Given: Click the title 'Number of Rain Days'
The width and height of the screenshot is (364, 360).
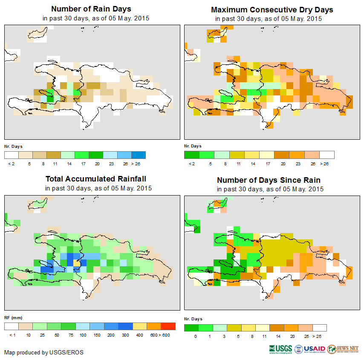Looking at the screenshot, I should (x=91, y=9).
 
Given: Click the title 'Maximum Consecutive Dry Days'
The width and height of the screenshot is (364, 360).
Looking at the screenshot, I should (x=272, y=9).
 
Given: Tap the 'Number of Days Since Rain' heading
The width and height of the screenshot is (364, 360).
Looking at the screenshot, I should (x=269, y=180).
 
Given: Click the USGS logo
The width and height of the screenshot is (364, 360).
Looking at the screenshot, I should (x=281, y=349).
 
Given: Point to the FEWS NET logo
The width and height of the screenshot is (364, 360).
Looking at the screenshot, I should (x=344, y=349).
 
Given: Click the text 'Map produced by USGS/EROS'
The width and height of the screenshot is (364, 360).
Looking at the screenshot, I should (x=44, y=352).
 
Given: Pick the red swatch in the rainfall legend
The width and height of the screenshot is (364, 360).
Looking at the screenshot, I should (x=168, y=326).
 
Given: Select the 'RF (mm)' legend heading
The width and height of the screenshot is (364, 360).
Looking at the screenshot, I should (x=13, y=317).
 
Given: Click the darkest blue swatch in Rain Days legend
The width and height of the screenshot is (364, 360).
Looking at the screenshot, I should (x=139, y=155).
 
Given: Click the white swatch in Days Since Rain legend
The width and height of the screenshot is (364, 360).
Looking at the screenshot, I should (x=320, y=328).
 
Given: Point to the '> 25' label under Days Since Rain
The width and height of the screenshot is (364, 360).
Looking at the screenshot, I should (x=319, y=336).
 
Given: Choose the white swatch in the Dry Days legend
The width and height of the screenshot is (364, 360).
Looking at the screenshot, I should (x=327, y=155).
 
